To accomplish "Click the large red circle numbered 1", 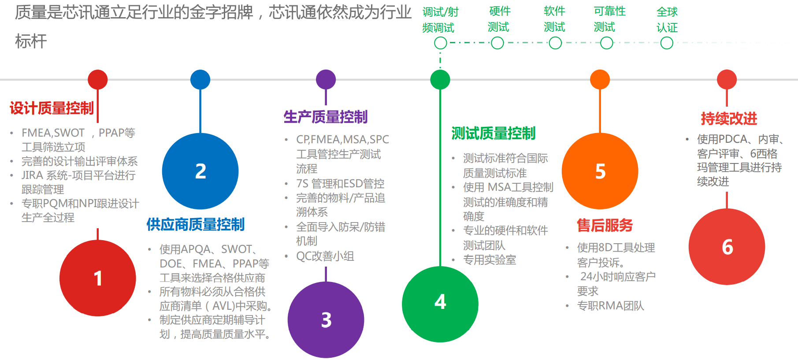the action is pos(98,278).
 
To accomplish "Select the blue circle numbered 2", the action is pos(200,171).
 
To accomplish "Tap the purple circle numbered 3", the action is pos(326,319).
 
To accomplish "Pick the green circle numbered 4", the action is pos(440,304).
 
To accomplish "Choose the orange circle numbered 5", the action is pos(600,171).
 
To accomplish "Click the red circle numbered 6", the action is pos(727,246).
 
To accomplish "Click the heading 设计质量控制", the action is pos(52,108).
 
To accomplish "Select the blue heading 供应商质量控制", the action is pos(196,224).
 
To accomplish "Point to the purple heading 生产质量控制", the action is pos(326,117).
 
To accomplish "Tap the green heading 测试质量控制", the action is pos(494,133).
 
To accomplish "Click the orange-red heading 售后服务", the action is pos(605,225).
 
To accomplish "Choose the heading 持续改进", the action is pos(729,119).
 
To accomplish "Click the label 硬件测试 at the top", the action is pos(499,19).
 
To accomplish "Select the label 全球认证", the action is pos(667,20).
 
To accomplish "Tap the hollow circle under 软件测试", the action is pos(555,43).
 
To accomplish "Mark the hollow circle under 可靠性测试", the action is pos(607,43).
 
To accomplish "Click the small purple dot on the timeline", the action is pos(326,79).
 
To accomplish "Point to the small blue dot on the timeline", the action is pos(200,79).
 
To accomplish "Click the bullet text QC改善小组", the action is pos(325,256).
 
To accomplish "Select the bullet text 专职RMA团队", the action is pos(611,306).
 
